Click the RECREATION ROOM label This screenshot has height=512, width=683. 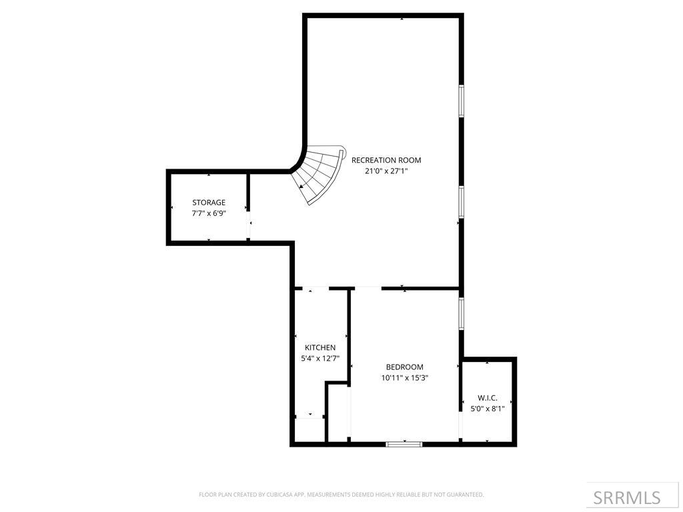[x=386, y=160]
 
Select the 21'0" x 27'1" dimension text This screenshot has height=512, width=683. [x=386, y=171]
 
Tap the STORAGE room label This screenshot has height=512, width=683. [x=209, y=202]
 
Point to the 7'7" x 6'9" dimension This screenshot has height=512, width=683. [x=209, y=213]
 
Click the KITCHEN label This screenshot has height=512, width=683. [x=320, y=347]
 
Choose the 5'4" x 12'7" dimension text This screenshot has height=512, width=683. [x=320, y=359]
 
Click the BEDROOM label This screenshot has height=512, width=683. [x=404, y=367]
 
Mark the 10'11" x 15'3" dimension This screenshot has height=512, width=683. [x=404, y=378]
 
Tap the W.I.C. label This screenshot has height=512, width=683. [x=488, y=397]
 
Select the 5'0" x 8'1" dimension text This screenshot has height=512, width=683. [x=488, y=409]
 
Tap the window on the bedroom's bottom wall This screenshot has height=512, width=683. [x=404, y=443]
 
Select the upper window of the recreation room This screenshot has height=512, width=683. [x=461, y=101]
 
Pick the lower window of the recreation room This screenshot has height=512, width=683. [x=461, y=201]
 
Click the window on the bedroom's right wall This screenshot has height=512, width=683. [x=461, y=313]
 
